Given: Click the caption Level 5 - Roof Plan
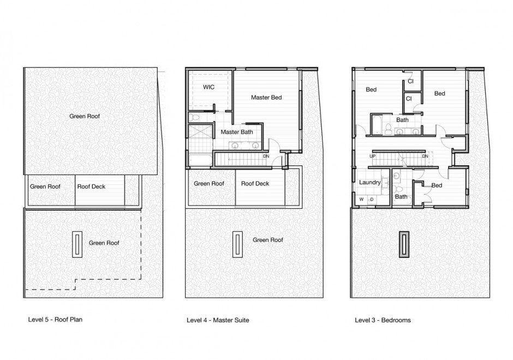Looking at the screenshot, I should (x=55, y=320).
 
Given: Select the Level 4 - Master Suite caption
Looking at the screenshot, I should (x=218, y=320).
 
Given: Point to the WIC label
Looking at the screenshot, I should (x=208, y=87).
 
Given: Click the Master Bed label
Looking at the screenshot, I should (x=266, y=98).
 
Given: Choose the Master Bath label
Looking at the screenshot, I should (x=235, y=132).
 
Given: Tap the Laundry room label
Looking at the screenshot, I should (x=369, y=182).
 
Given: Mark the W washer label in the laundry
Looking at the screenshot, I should (x=361, y=200).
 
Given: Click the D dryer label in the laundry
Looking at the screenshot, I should (x=372, y=200).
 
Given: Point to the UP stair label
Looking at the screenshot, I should (x=373, y=157).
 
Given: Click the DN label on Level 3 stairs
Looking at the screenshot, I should (x=425, y=157).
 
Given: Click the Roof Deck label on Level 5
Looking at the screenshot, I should (x=91, y=187).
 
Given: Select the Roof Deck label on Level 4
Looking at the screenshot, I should (x=255, y=184).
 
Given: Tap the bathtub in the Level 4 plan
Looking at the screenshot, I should (x=199, y=158).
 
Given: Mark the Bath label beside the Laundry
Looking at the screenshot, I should (x=401, y=197).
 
